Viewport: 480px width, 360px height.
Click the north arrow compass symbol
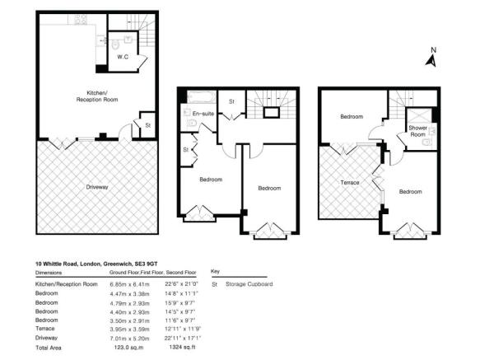point(431,57)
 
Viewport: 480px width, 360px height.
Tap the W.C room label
point(121,57)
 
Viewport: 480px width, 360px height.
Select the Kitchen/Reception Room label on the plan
point(90,96)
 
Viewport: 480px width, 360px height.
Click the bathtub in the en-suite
point(199,97)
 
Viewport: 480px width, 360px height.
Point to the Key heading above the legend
point(216,271)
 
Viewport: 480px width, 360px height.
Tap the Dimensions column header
point(52,272)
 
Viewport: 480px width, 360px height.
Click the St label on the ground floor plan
point(147,125)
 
